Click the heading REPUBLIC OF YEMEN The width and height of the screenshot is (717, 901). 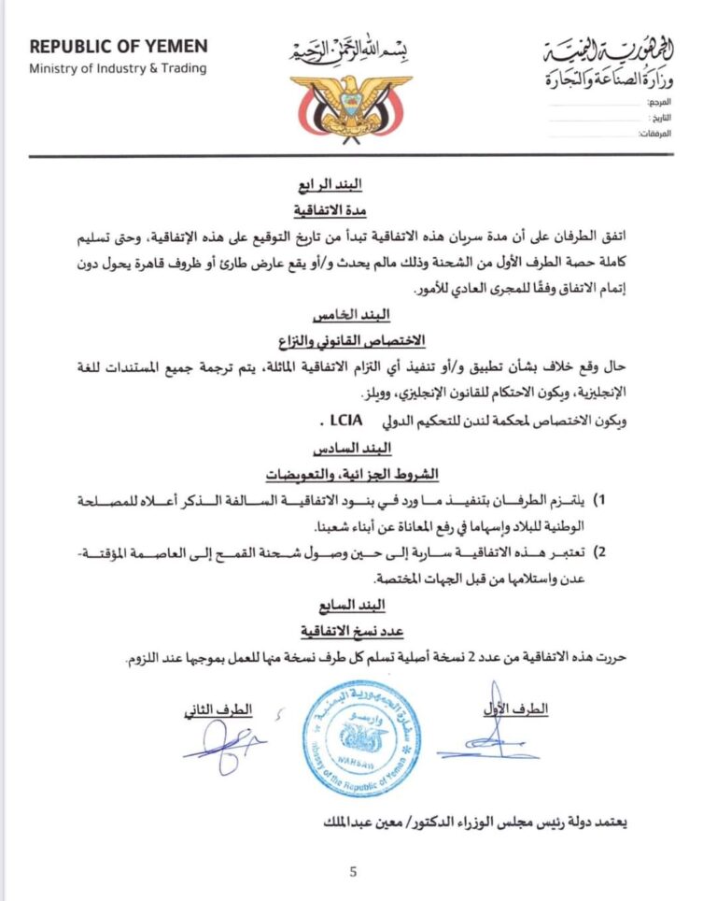pos(118,47)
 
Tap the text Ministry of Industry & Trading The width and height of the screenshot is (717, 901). pos(118,68)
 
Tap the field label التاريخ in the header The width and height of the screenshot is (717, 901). pos(660,118)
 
